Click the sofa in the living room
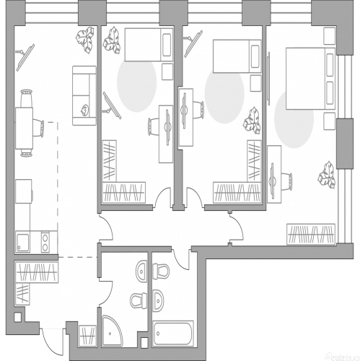click(84, 95)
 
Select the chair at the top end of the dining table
click(26, 95)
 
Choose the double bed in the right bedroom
click(309, 78)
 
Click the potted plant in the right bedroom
click(326, 175)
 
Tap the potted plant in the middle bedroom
click(253, 118)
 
